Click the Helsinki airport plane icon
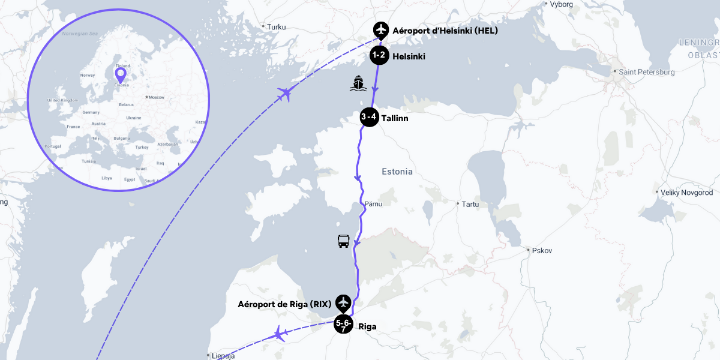tap(380, 29)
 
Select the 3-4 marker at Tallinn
tap(369, 117)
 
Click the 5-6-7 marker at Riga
tap(343, 325)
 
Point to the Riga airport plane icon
tap(343, 302)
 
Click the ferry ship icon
tap(358, 83)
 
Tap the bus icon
tap(343, 241)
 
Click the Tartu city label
tap(470, 204)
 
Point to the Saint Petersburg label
tap(647, 72)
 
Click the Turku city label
tap(277, 27)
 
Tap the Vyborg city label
tap(561, 4)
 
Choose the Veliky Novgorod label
tap(686, 193)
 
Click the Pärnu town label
tap(373, 205)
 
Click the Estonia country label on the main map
tap(397, 172)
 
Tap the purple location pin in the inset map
tap(121, 74)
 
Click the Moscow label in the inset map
tap(156, 97)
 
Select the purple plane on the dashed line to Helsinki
tap(286, 94)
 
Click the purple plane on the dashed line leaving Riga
tap(279, 333)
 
